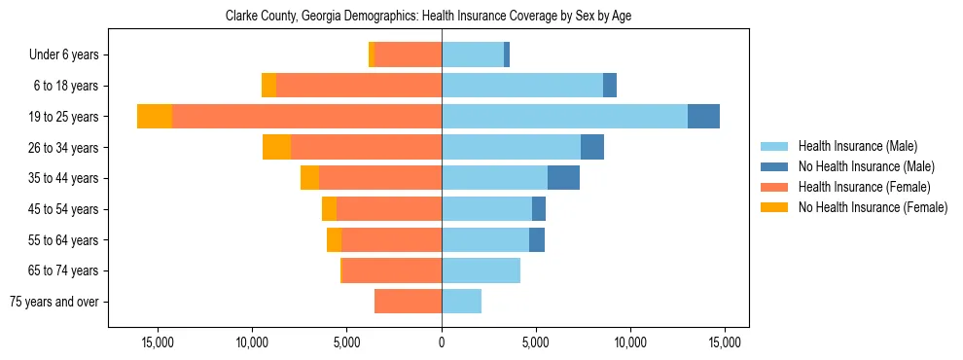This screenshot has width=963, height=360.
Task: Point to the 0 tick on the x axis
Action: (x=442, y=342)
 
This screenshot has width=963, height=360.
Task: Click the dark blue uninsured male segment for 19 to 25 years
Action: (x=703, y=117)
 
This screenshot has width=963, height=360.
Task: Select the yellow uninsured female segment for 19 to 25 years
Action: (x=155, y=117)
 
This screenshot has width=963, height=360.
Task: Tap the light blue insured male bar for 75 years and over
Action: (x=461, y=302)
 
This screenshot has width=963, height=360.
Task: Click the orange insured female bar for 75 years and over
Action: (x=408, y=302)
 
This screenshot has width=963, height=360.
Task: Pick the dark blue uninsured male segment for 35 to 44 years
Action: (x=563, y=178)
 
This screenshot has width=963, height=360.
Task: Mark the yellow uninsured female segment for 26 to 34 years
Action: (x=276, y=147)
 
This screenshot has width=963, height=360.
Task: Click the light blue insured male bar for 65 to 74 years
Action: (x=481, y=270)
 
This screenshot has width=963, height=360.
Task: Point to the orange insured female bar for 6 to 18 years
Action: (x=359, y=86)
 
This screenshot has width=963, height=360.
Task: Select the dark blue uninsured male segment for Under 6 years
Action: (x=507, y=55)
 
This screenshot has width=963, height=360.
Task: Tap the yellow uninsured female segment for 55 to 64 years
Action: (x=334, y=239)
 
